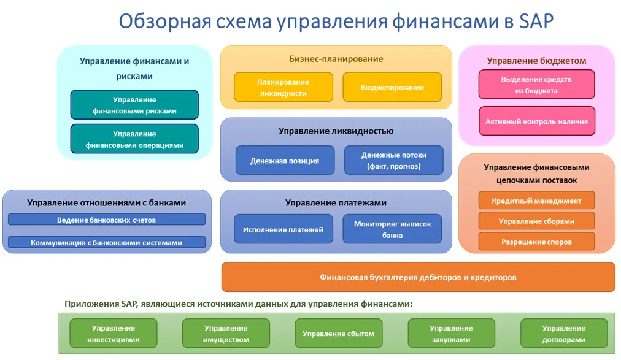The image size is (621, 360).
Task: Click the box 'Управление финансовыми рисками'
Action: coord(134,105)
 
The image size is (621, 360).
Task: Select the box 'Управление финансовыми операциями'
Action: coord(134,139)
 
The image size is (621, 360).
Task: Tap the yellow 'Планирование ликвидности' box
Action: coord(283,87)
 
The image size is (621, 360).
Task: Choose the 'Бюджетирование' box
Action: coord(392,87)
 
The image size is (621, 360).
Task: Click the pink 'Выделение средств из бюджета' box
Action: coord(536,85)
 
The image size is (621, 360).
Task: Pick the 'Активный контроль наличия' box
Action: coord(536,121)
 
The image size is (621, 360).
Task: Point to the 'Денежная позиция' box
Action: coord(285,161)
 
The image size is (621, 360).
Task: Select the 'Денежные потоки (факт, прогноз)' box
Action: coord(393,160)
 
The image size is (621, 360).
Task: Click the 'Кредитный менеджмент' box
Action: coord(536,201)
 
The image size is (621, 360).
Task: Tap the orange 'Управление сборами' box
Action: coord(536,221)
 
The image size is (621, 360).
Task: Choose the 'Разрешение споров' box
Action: coord(536,242)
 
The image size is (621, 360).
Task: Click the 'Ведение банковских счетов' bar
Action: coord(107,220)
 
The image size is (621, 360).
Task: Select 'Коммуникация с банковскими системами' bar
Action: coord(107,242)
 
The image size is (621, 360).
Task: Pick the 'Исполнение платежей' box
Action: coord(283,229)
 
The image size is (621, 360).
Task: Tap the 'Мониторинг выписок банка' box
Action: coord(392,229)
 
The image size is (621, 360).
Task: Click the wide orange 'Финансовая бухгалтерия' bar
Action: coord(418,277)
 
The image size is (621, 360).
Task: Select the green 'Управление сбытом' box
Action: coord(338,334)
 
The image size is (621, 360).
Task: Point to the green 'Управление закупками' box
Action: coord(451,334)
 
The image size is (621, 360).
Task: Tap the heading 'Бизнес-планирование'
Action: coord(336,59)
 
